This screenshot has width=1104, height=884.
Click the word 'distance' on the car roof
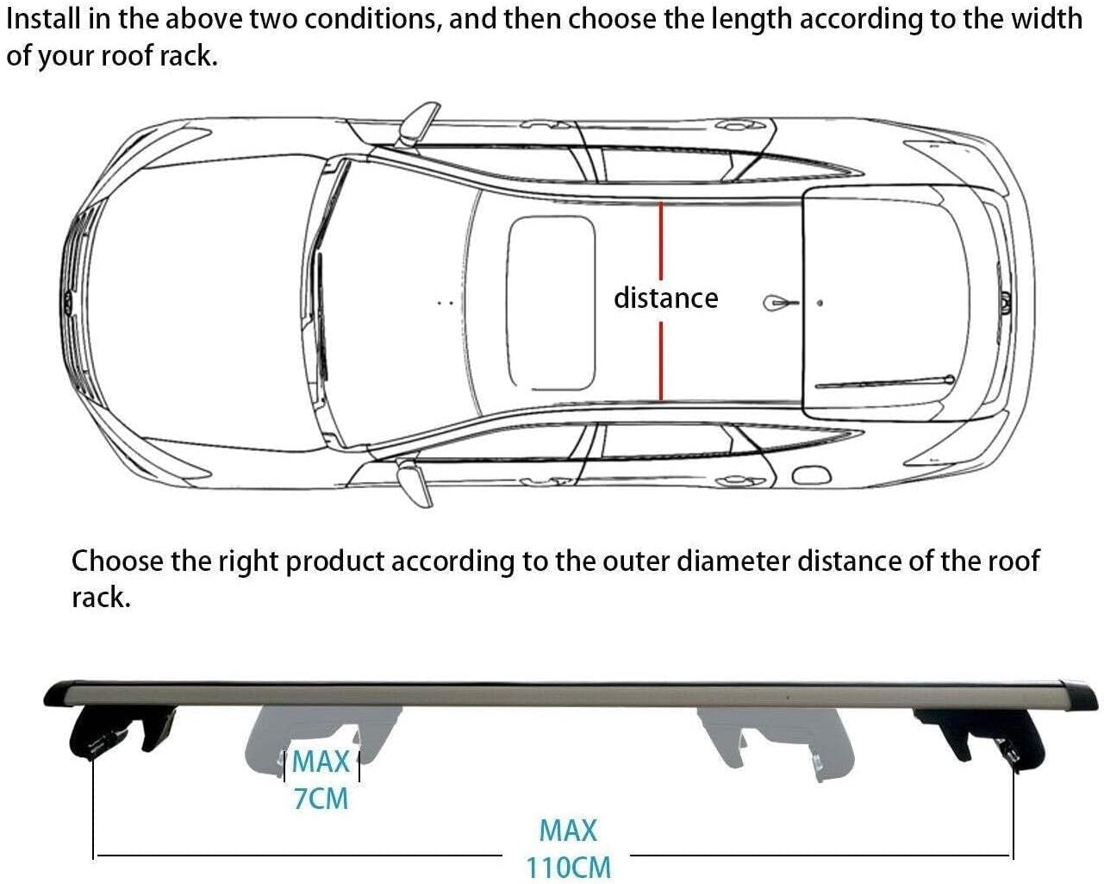[665, 298]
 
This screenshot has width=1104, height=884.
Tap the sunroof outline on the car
[552, 303]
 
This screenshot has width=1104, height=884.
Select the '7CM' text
[321, 799]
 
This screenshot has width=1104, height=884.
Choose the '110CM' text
[568, 866]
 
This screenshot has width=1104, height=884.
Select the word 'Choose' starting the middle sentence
[117, 561]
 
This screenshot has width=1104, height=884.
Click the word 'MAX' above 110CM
[568, 831]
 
